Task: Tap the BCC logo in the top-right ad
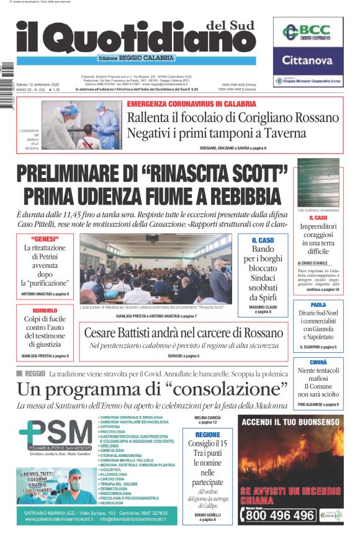click(308, 32)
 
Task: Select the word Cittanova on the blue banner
click(308, 61)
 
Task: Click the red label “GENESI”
click(45, 239)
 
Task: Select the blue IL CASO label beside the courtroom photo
click(262, 240)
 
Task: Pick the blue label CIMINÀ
click(318, 362)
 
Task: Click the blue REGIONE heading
click(207, 435)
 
